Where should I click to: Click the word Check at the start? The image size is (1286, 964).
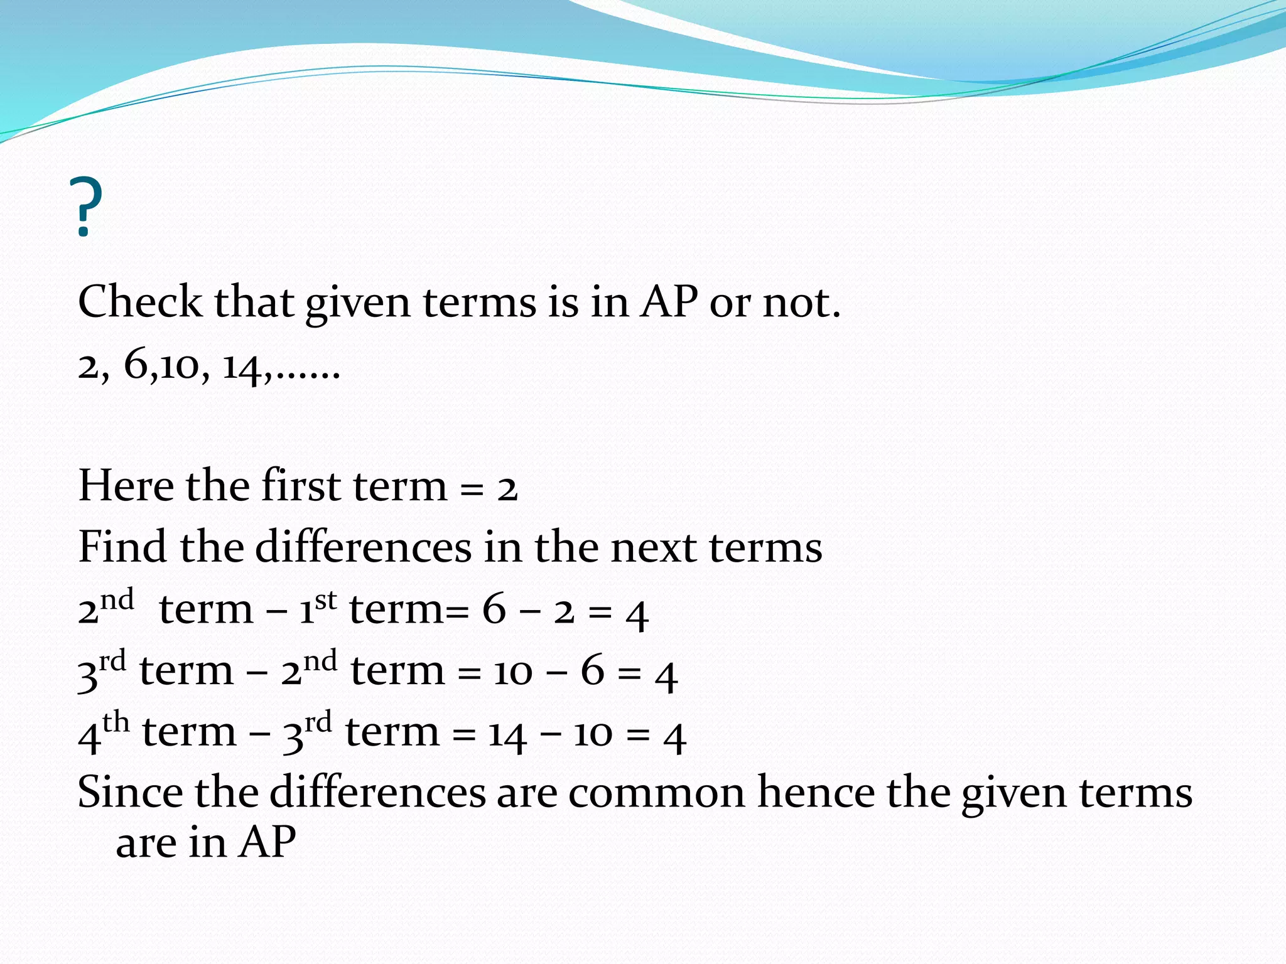coord(139,302)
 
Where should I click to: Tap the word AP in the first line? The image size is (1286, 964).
coord(669,302)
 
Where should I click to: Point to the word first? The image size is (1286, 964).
coord(300,486)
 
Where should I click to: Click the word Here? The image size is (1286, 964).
coord(126,486)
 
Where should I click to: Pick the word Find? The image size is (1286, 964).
coord(122,547)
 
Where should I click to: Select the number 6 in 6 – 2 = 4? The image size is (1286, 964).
coord(494,609)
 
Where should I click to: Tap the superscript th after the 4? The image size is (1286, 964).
coord(116,723)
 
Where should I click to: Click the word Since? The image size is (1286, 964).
coord(130,792)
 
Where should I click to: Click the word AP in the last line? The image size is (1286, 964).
coord(267,842)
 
